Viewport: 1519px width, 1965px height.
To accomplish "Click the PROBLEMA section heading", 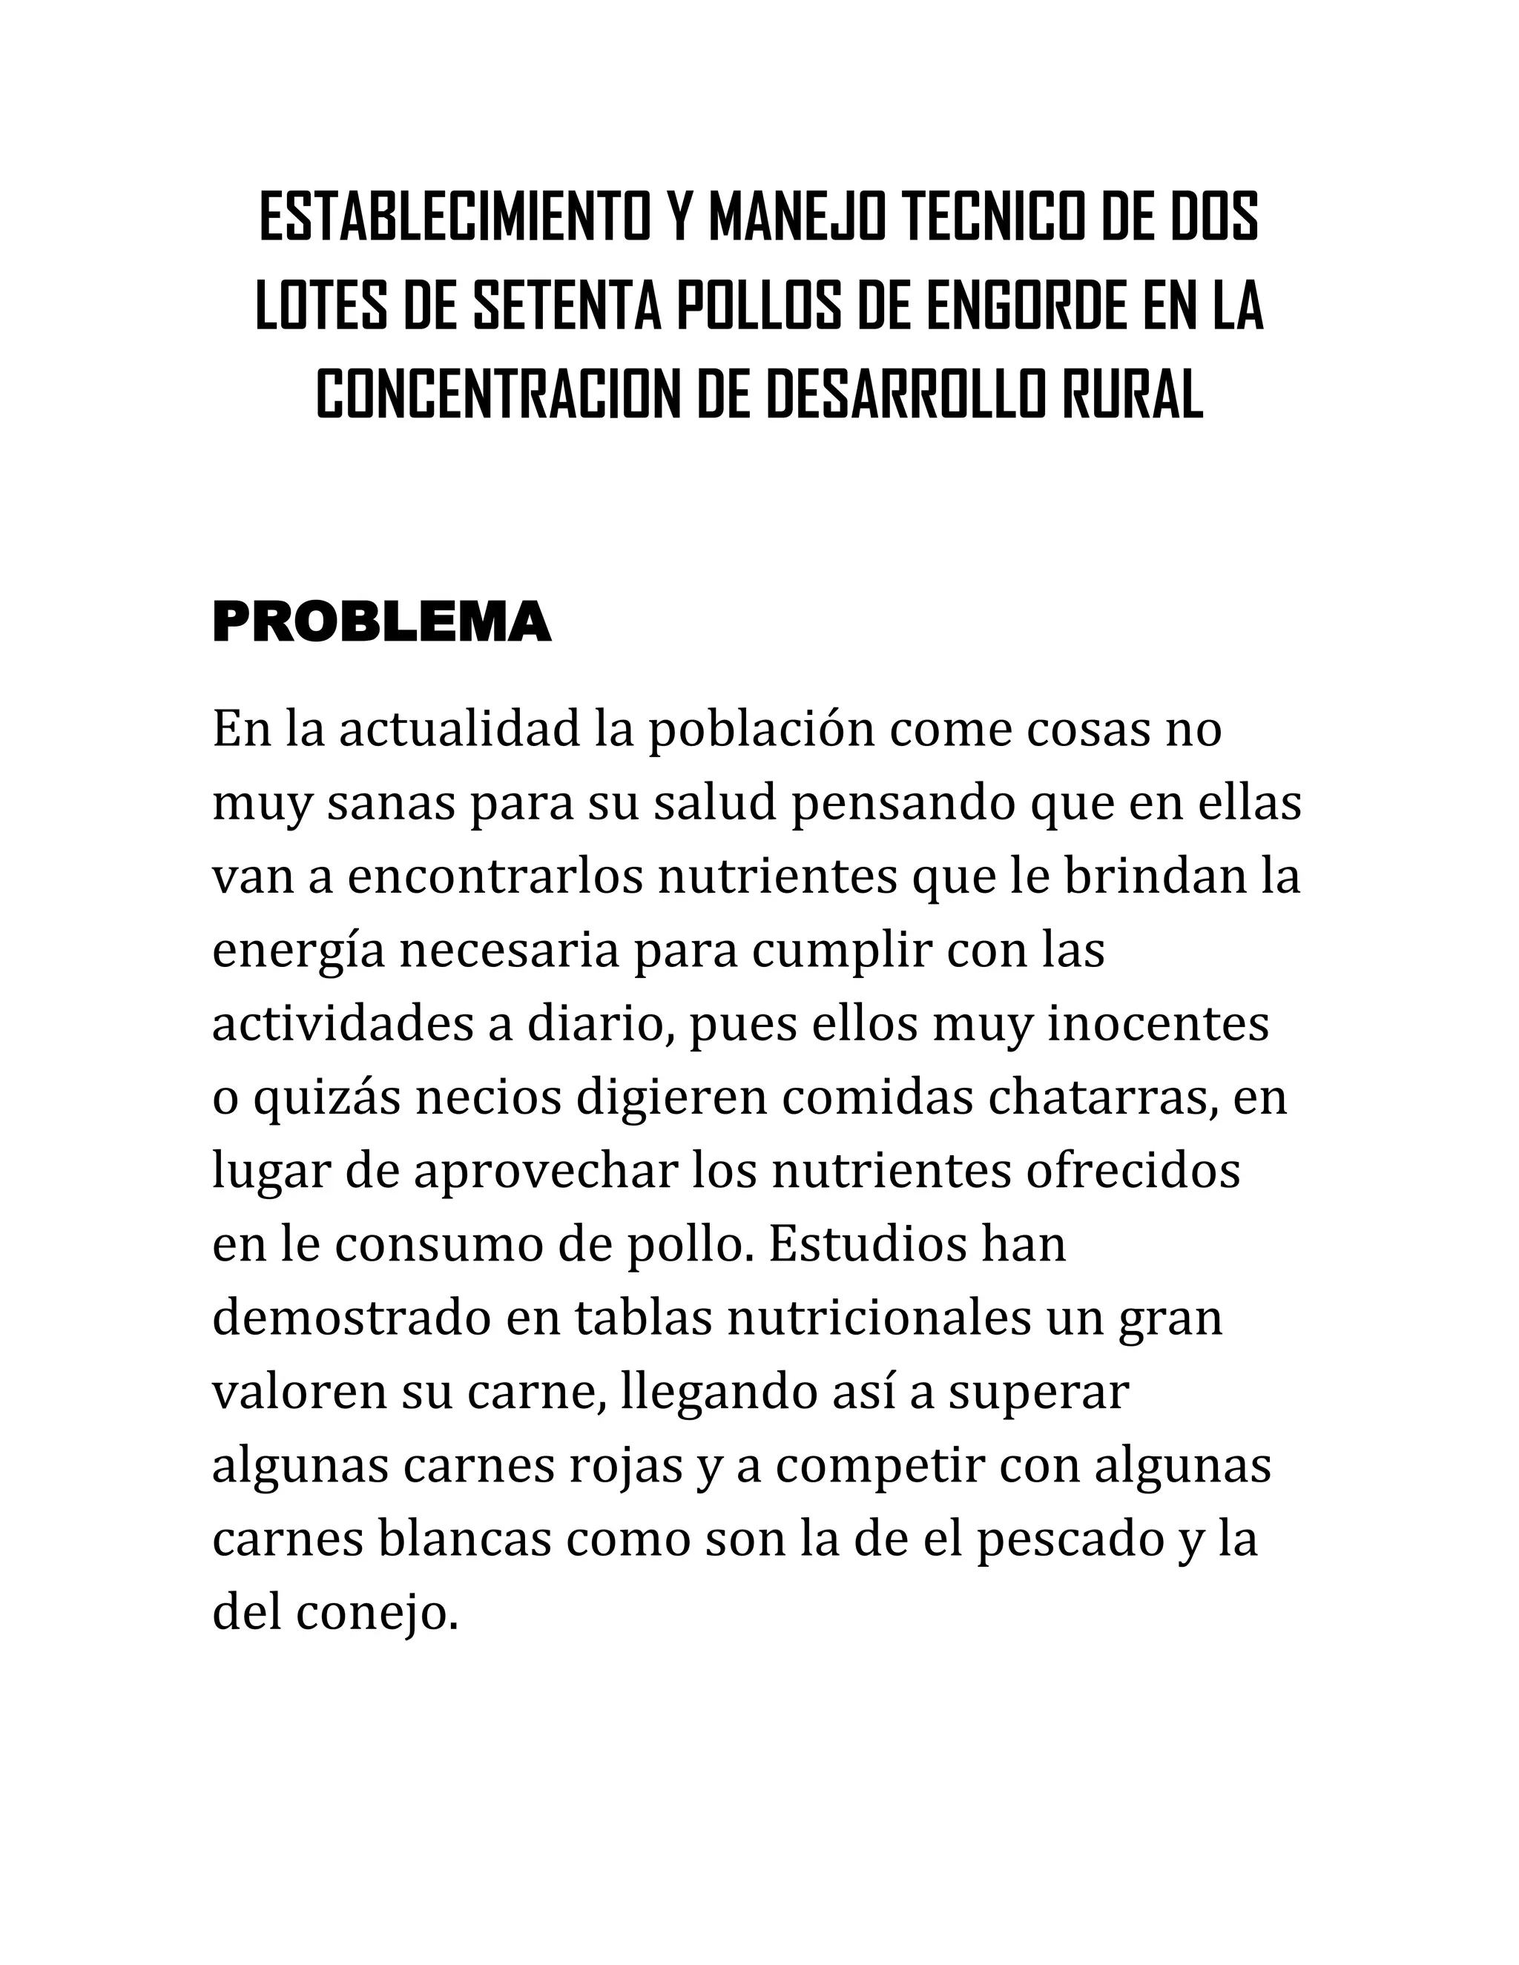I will tap(381, 623).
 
